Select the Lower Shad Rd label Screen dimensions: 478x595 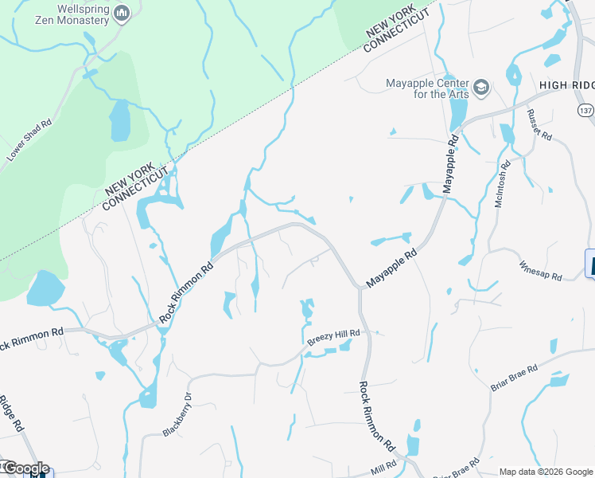29,141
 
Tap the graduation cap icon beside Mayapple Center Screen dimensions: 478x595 481,86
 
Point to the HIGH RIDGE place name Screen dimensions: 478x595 566,85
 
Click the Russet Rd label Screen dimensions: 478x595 541,125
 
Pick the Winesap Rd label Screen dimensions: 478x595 541,270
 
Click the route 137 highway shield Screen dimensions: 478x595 585,108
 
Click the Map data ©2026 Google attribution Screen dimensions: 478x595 546,472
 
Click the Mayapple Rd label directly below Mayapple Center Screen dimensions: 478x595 451,164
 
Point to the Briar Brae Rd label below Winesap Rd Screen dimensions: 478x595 515,378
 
